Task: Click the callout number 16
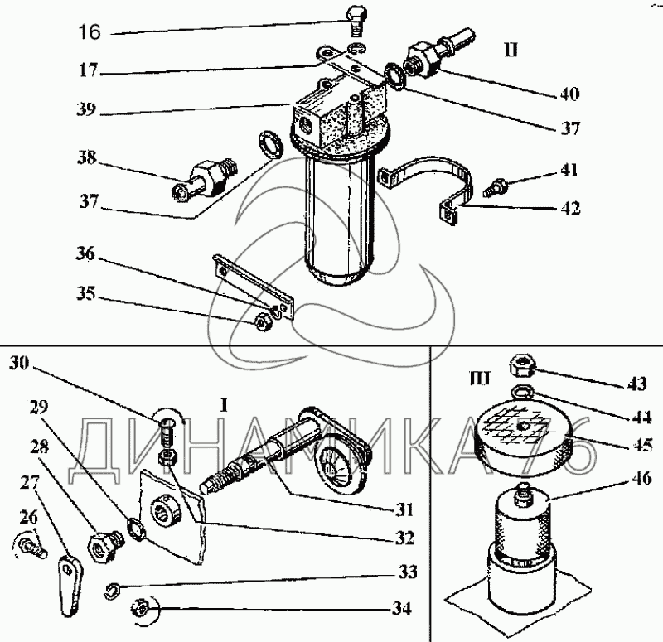[89, 33]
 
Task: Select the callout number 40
[569, 93]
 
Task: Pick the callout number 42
[569, 208]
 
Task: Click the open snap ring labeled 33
[115, 589]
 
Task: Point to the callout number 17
[89, 71]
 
